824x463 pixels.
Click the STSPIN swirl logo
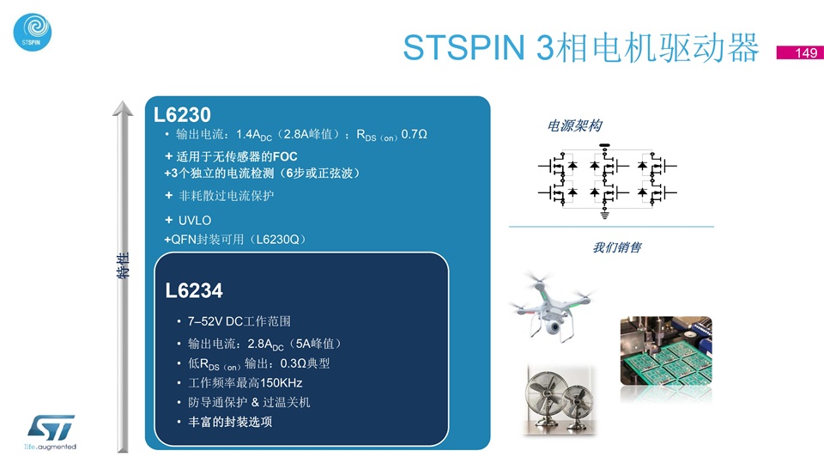point(32,32)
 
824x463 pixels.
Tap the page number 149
point(806,52)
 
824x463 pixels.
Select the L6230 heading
point(182,115)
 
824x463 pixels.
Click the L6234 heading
point(194,290)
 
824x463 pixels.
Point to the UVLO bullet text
point(195,221)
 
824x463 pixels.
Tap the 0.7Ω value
point(414,134)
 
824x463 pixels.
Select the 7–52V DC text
point(214,321)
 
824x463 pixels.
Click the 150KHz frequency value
point(282,382)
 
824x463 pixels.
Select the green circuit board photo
point(666,351)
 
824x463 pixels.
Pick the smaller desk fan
point(577,406)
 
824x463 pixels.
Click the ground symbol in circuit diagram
point(604,215)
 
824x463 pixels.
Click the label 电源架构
point(574,125)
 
